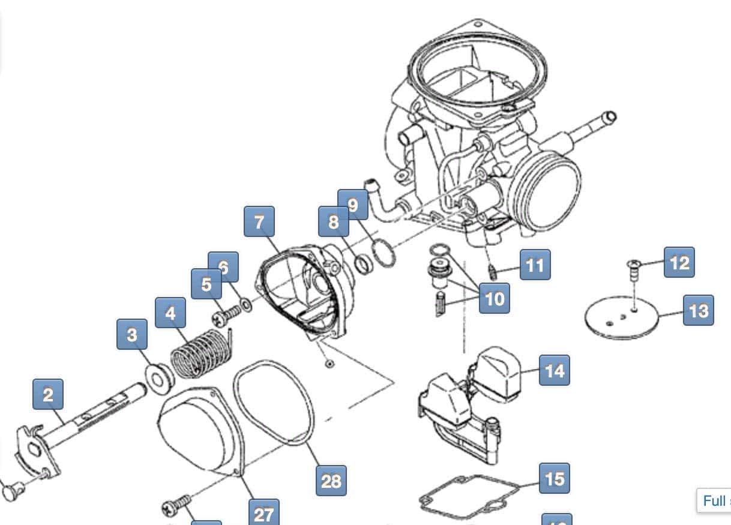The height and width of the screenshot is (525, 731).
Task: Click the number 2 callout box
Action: tap(48, 395)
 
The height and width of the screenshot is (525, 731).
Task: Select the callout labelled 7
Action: tap(259, 222)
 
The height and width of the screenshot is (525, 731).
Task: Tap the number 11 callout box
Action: tap(535, 264)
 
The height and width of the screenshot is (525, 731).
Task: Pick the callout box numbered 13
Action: tap(699, 310)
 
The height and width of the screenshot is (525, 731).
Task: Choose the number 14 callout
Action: tap(554, 370)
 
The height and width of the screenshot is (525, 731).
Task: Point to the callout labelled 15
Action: tap(555, 478)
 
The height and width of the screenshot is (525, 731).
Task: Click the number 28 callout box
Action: tap(331, 480)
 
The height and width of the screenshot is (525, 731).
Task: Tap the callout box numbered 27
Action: tap(263, 513)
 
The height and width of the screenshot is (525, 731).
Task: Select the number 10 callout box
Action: tap(495, 298)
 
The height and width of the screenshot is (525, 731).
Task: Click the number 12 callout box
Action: tap(679, 262)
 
